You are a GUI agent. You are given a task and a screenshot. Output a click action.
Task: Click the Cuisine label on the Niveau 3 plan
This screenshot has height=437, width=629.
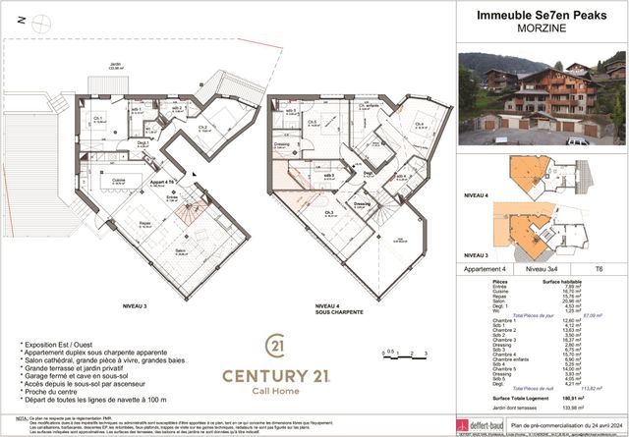tap(118, 181)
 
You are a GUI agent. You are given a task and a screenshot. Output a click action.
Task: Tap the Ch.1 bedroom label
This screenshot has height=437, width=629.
tap(98, 119)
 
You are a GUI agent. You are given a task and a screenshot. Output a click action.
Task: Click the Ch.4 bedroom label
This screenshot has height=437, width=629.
tap(419, 124)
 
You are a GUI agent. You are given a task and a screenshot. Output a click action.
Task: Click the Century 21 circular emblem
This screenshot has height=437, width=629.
tap(277, 347)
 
